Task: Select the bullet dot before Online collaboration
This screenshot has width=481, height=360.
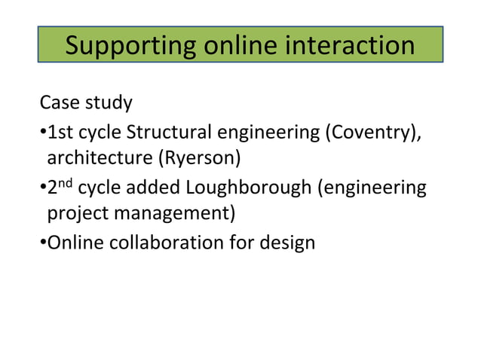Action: (43, 243)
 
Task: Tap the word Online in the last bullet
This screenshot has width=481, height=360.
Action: (72, 243)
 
